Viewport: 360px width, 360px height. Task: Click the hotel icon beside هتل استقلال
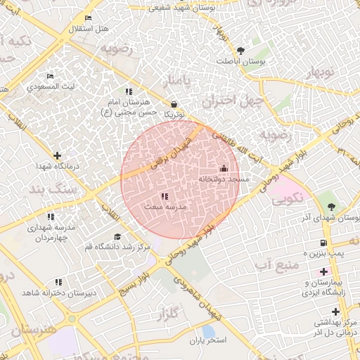[x=88, y=18]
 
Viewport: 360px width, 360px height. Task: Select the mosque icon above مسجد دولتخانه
[x=224, y=168]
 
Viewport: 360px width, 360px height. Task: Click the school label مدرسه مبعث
[x=165, y=207]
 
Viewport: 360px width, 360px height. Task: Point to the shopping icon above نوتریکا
[x=174, y=103]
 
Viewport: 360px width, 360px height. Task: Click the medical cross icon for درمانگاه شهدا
[x=57, y=155]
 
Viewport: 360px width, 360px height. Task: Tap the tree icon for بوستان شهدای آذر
[x=330, y=206]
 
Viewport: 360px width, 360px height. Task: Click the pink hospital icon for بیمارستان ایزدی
[x=323, y=271]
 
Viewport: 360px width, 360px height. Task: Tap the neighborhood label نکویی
[x=288, y=198]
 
